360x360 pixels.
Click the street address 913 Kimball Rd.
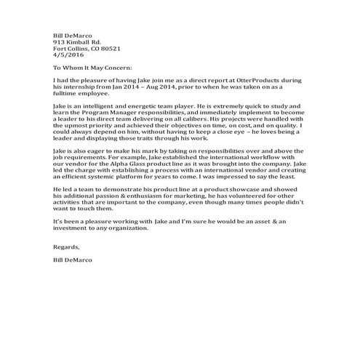pyautogui.click(x=76, y=42)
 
